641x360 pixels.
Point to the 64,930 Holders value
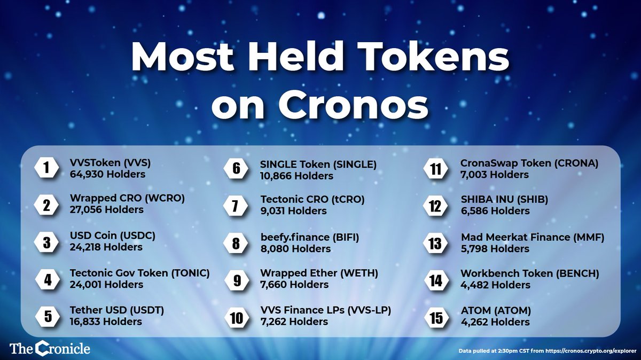(x=107, y=174)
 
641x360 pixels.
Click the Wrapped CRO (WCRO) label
(x=127, y=198)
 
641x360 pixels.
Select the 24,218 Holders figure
(x=106, y=247)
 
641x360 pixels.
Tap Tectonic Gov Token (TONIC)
(x=139, y=273)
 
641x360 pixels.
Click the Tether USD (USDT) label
(x=116, y=310)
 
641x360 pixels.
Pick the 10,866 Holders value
(x=296, y=175)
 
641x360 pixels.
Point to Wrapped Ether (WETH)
(x=319, y=273)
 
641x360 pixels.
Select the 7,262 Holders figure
(x=294, y=322)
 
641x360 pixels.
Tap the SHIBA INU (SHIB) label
(x=504, y=199)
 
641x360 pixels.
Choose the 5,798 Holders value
(x=495, y=248)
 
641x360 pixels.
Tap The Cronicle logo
(x=50, y=349)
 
